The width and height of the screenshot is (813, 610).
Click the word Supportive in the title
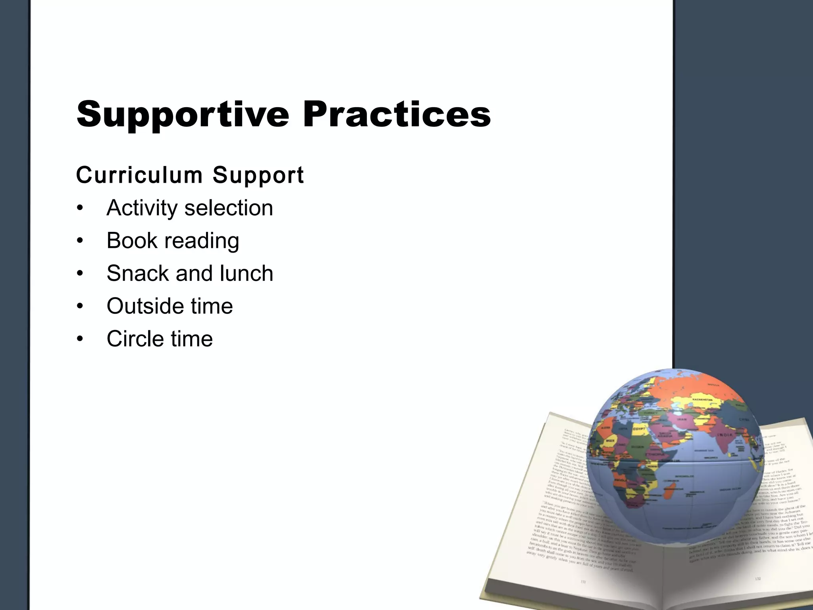click(183, 114)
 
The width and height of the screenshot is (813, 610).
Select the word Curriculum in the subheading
click(139, 175)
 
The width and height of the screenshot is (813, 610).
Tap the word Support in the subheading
click(258, 175)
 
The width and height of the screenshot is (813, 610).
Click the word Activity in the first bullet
click(142, 208)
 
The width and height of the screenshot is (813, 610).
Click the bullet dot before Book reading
click(80, 241)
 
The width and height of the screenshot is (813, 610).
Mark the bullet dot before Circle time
click(80, 339)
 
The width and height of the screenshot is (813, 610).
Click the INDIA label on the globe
click(725, 435)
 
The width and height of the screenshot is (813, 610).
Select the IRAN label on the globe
click(681, 419)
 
